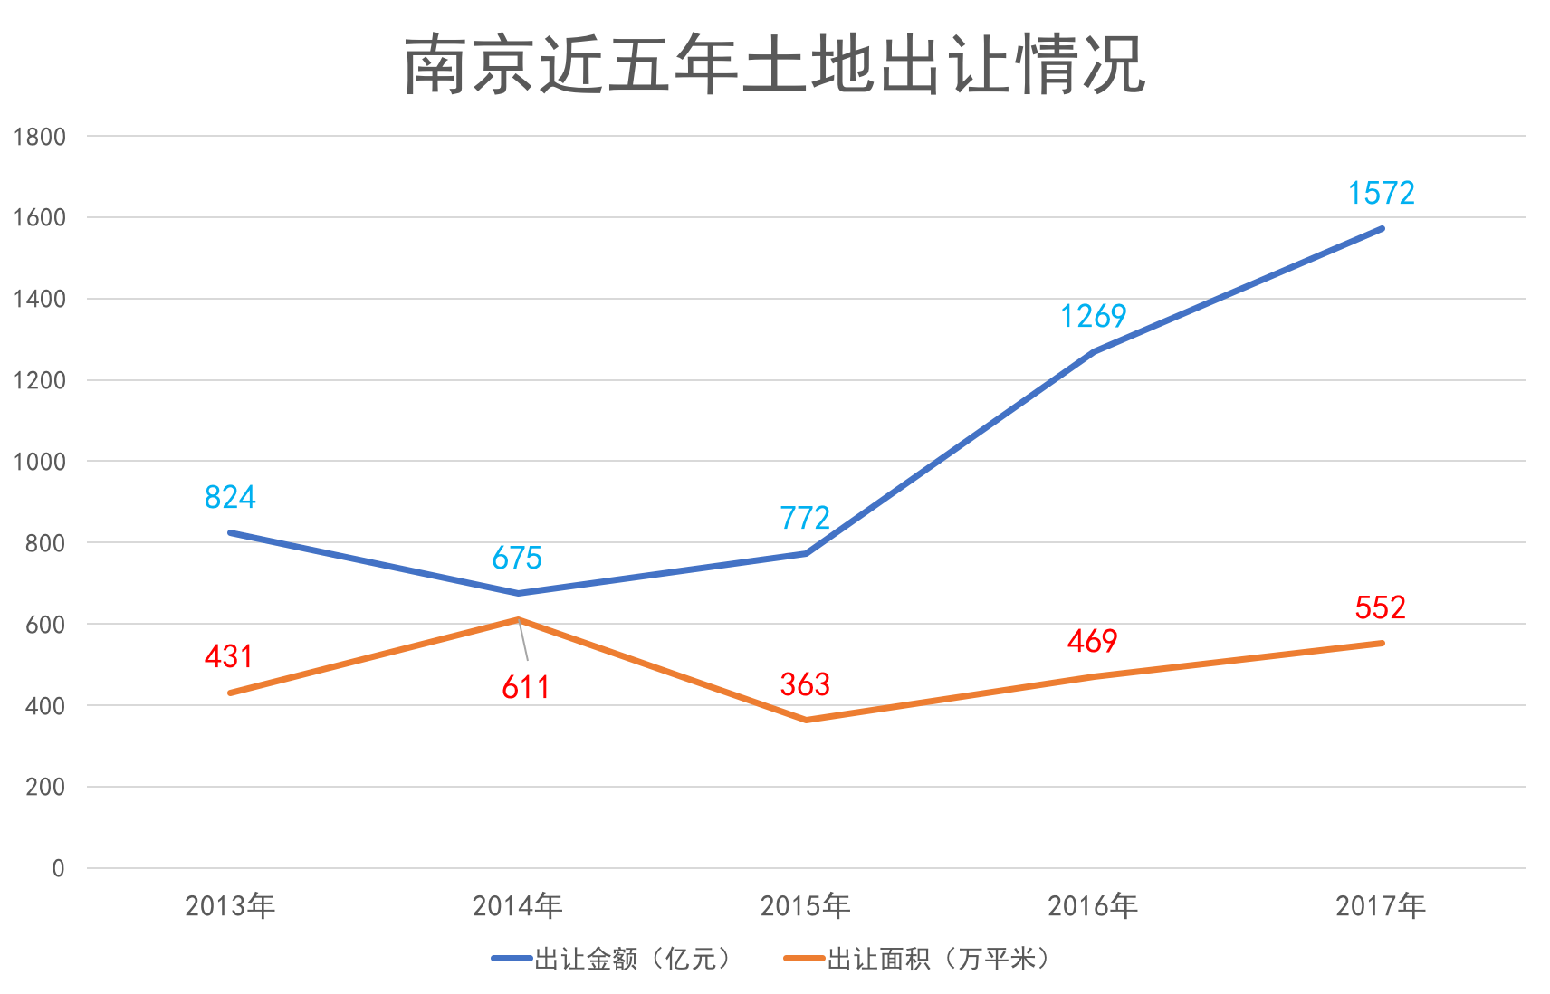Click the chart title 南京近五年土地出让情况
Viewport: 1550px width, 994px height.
point(775,65)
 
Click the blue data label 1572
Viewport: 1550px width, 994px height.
point(1381,194)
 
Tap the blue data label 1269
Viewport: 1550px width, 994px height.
point(1093,317)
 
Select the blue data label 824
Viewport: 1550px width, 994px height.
point(230,498)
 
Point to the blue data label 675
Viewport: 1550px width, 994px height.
point(517,559)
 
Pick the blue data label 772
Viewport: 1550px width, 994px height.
point(805,519)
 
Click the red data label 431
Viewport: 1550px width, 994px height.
point(229,657)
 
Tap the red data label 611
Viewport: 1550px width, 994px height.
point(526,688)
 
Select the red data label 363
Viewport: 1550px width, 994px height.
point(805,685)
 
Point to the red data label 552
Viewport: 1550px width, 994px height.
point(1380,608)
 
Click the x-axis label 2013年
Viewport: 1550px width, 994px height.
point(230,906)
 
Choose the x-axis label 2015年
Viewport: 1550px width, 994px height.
point(805,906)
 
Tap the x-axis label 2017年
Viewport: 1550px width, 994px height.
point(1381,906)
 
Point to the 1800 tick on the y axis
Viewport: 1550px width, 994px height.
point(40,138)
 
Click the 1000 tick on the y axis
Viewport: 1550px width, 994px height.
point(40,463)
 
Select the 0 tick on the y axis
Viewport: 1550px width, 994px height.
point(58,869)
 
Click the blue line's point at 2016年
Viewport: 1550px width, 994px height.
point(1094,351)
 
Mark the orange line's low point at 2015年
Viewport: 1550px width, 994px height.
point(807,720)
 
